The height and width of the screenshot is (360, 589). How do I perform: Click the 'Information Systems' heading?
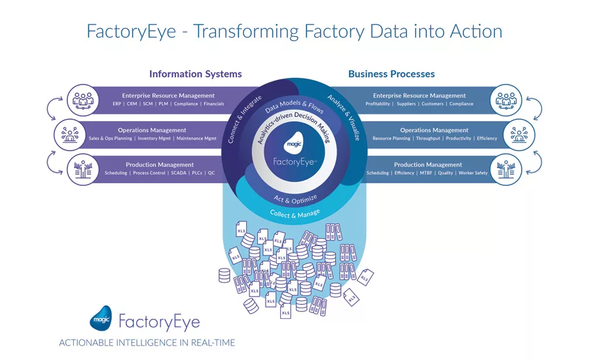(195, 74)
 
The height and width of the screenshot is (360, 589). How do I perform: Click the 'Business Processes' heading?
(391, 74)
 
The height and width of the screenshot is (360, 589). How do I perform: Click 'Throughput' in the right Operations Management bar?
(428, 139)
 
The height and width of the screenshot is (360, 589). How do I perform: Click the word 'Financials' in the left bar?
(214, 104)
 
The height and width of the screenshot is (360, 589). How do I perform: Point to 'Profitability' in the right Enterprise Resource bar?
(378, 104)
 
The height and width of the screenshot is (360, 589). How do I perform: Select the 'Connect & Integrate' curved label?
(240, 119)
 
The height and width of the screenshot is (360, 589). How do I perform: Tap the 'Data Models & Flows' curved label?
(294, 107)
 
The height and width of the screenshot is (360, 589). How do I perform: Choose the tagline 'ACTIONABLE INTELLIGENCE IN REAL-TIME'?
(147, 343)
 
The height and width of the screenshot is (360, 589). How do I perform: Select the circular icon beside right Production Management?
(506, 169)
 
